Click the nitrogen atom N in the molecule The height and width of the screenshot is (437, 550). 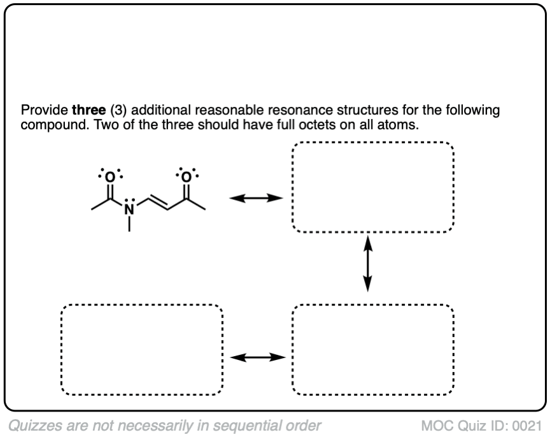pos(129,209)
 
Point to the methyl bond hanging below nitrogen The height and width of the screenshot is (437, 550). pos(129,222)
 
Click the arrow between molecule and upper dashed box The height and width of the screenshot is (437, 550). pos(256,199)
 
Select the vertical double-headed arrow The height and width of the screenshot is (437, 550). pos(367,263)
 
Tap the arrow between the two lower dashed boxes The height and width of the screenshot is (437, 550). pos(256,357)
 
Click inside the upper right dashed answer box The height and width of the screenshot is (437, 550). pos(372,187)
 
